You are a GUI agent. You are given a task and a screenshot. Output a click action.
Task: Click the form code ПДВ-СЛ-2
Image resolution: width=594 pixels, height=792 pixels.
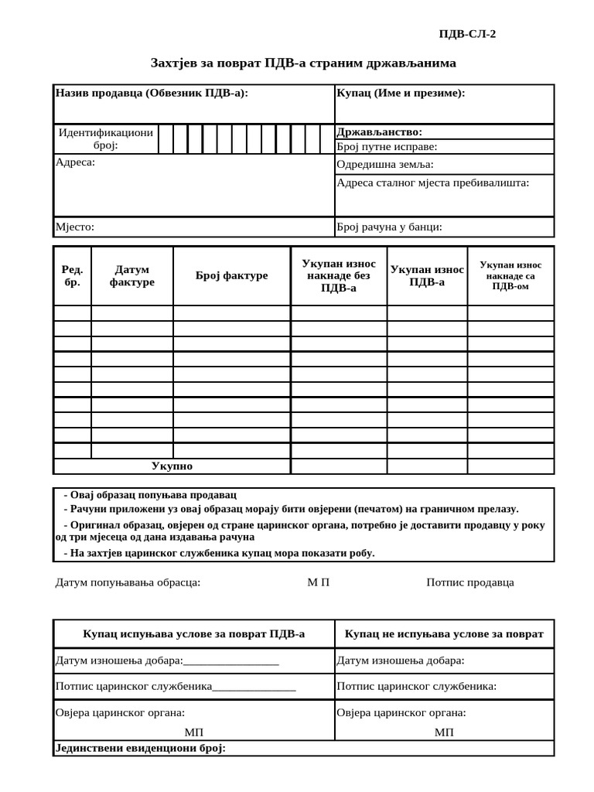(467, 33)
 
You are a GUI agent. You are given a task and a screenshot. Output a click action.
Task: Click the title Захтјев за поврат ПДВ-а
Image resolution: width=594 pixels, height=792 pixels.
(303, 62)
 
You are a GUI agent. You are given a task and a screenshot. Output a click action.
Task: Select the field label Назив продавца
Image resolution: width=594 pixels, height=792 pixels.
(152, 94)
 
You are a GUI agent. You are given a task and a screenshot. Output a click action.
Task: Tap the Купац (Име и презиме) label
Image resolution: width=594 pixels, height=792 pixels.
(401, 94)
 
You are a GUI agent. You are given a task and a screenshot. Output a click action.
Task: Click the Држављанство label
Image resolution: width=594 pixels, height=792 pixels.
(379, 132)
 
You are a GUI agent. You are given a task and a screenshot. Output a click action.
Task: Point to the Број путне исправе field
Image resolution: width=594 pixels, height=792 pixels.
(387, 146)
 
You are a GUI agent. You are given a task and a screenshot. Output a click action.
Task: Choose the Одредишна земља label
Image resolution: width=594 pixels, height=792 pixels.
(384, 165)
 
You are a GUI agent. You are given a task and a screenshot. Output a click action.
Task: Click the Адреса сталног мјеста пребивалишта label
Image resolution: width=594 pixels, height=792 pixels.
(432, 183)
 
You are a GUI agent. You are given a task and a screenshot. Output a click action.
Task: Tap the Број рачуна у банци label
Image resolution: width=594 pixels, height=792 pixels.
(389, 227)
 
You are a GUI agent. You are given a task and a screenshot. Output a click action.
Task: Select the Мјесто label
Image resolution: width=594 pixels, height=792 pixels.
(74, 227)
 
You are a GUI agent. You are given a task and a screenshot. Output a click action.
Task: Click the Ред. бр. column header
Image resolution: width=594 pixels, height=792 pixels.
(72, 276)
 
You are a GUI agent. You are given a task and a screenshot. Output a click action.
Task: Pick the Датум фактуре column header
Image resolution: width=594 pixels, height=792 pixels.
(131, 276)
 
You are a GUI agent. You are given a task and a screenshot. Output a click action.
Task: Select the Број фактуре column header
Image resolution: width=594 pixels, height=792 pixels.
(231, 276)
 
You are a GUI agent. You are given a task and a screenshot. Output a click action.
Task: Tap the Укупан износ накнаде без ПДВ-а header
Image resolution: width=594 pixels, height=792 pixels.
(338, 276)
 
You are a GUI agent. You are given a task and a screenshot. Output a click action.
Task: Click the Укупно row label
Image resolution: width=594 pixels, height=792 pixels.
(172, 466)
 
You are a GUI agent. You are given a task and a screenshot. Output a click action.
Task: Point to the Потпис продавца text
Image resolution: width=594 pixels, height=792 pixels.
(469, 582)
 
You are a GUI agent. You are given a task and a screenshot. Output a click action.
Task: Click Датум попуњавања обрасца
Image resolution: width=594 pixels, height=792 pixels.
(128, 582)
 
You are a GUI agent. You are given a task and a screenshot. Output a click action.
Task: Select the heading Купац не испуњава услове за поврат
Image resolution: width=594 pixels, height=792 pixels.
(443, 634)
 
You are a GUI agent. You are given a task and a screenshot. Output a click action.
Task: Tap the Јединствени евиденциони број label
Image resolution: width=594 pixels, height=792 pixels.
(140, 749)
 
